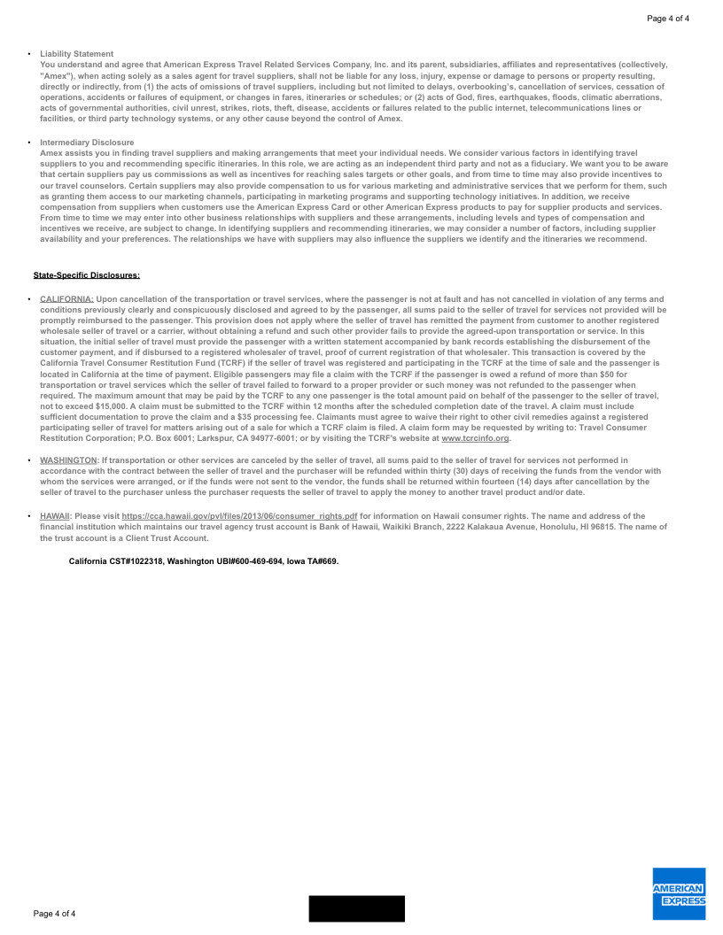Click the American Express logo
pyautogui.click(x=679, y=893)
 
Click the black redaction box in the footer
pyautogui.click(x=356, y=908)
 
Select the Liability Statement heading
pyautogui.click(x=76, y=54)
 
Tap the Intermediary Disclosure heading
pyautogui.click(x=87, y=143)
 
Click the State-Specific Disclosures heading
pyautogui.click(x=87, y=275)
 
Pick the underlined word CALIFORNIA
pyautogui.click(x=66, y=299)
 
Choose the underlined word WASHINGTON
pyautogui.click(x=68, y=460)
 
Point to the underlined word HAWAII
pyautogui.click(x=55, y=515)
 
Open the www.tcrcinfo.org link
pyautogui.click(x=475, y=438)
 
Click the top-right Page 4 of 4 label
pyautogui.click(x=668, y=19)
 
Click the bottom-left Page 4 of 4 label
pyautogui.click(x=54, y=913)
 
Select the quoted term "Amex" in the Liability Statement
pyautogui.click(x=57, y=76)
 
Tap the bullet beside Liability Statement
pyautogui.click(x=29, y=54)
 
